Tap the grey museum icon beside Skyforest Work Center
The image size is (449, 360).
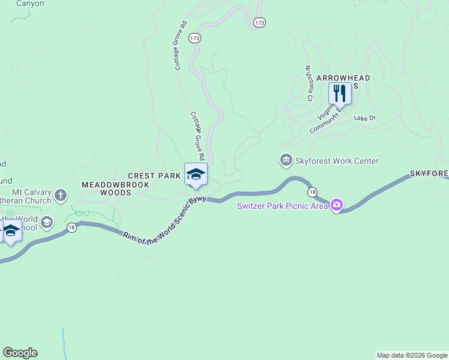(286, 160)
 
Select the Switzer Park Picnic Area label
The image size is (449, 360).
(282, 206)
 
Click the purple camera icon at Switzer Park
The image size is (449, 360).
(336, 206)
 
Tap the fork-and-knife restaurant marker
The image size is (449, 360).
(340, 94)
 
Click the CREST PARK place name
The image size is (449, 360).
(154, 176)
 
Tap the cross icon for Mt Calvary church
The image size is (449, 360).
(60, 195)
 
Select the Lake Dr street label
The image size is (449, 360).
(364, 118)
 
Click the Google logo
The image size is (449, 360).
(20, 353)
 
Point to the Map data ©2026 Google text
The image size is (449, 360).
(412, 355)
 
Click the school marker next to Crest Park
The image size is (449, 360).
(196, 175)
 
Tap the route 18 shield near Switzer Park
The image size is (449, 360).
(312, 192)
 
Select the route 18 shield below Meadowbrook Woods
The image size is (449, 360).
(71, 229)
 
